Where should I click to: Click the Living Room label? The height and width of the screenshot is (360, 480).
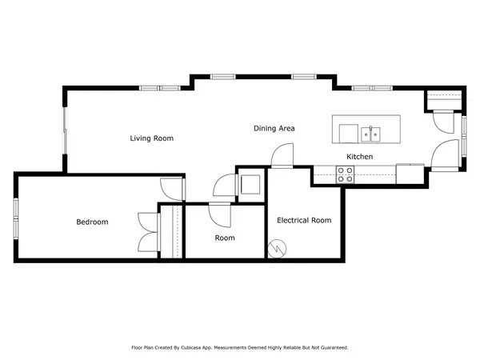pyautogui.click(x=152, y=138)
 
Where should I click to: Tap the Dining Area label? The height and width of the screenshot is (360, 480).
pyautogui.click(x=274, y=128)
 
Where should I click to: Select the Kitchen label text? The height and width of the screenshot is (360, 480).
pyautogui.click(x=359, y=156)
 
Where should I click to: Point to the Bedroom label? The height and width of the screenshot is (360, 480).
pyautogui.click(x=92, y=222)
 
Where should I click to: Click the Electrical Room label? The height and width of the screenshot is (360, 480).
pyautogui.click(x=304, y=220)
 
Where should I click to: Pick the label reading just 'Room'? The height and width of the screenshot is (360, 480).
pyautogui.click(x=225, y=238)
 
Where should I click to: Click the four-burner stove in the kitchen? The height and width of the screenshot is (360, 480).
pyautogui.click(x=346, y=174)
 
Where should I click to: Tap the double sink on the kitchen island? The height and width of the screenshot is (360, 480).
pyautogui.click(x=370, y=132)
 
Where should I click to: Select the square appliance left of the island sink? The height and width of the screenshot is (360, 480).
pyautogui.click(x=348, y=132)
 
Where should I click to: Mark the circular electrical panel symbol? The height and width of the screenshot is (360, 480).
pyautogui.click(x=276, y=249)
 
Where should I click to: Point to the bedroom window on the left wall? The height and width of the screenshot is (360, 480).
pyautogui.click(x=16, y=217)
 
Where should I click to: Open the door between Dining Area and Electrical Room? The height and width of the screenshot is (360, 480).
pyautogui.click(x=282, y=156)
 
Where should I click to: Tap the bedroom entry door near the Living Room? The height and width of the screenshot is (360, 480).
pyautogui.click(x=170, y=187)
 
